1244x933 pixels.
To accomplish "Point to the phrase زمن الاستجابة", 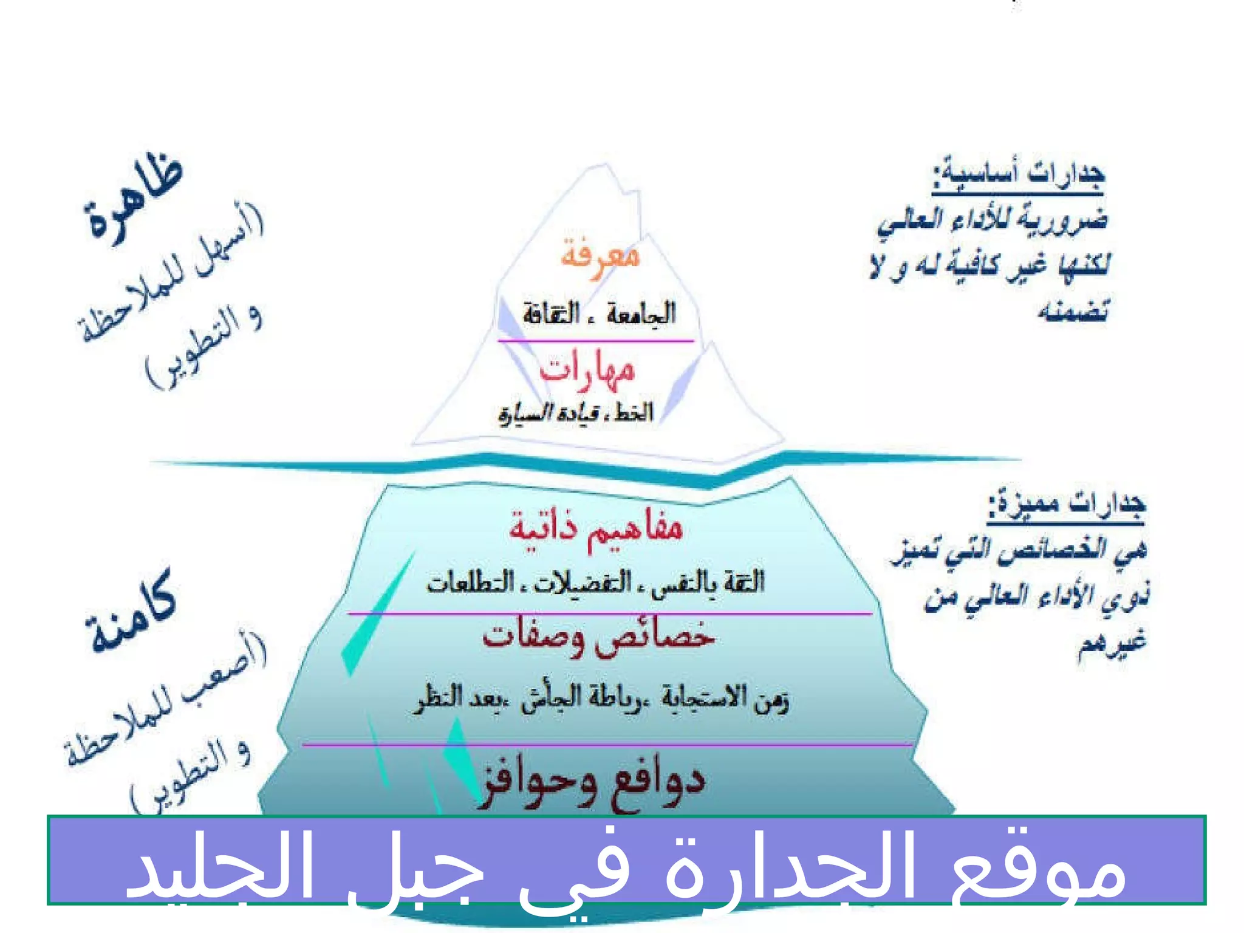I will click(725, 699).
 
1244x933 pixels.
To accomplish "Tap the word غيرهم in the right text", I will click(1112, 644).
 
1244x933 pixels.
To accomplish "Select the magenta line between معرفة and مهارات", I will click(595, 341).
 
